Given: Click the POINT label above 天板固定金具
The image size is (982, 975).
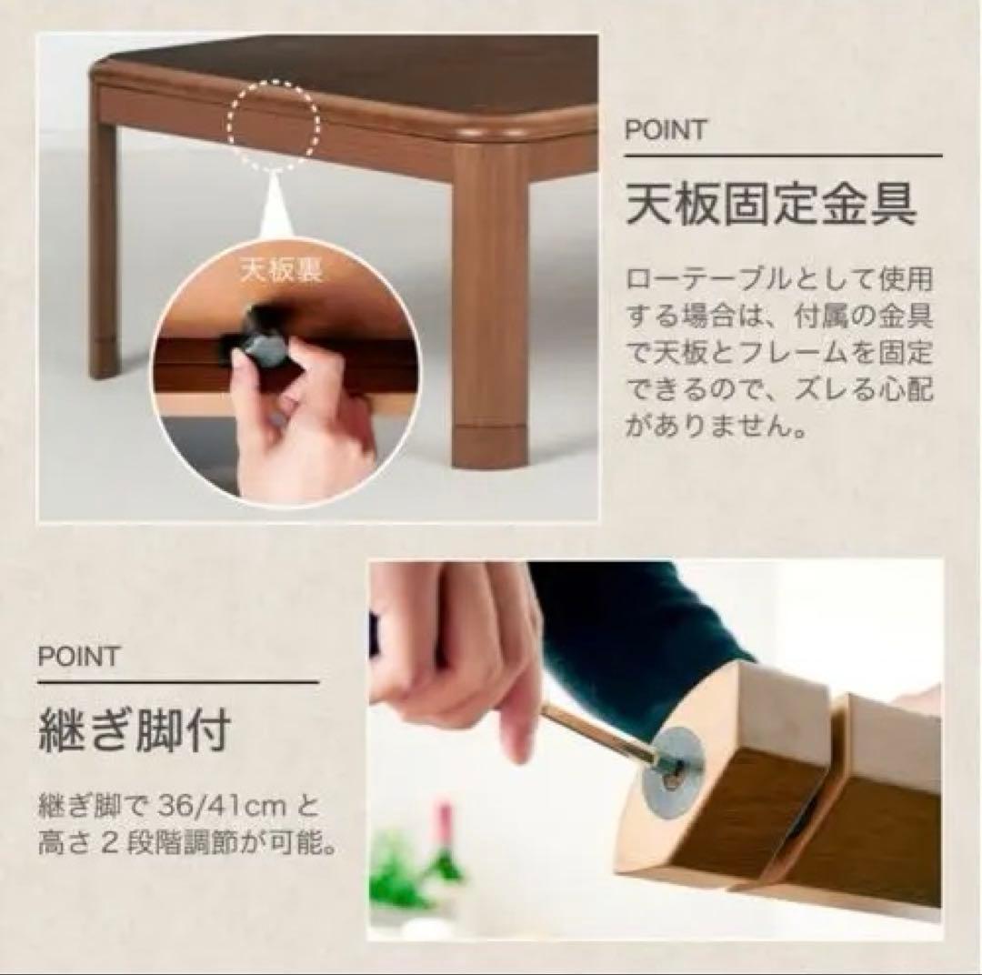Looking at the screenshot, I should tap(666, 131).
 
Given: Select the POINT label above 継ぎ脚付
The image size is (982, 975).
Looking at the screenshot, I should tap(78, 657).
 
